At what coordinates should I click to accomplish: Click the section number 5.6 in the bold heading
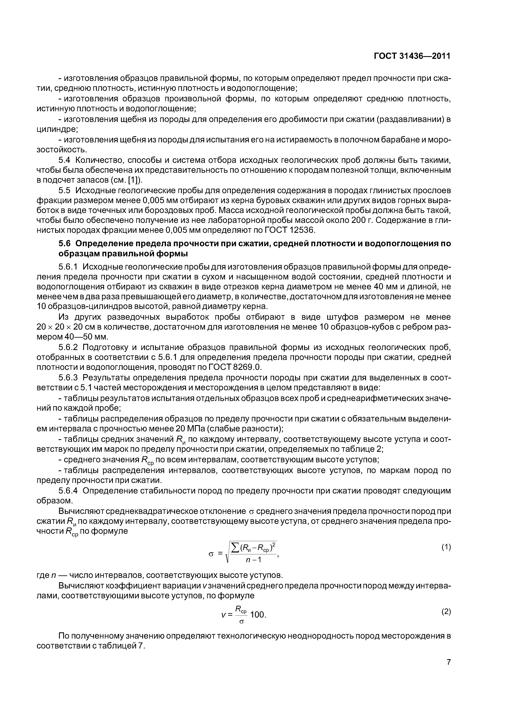[65, 244]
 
